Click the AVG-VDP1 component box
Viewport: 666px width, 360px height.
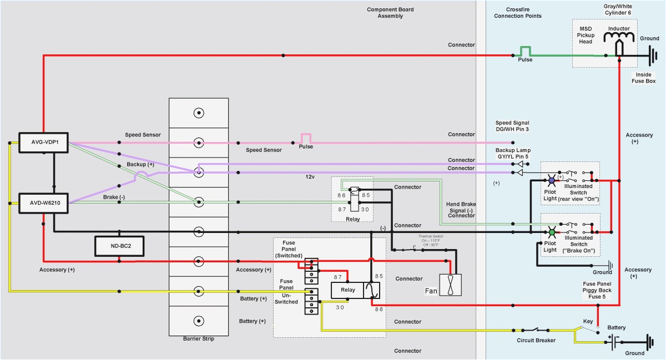pos(43,141)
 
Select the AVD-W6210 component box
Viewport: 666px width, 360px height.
pos(43,203)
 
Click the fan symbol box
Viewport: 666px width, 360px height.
pos(450,285)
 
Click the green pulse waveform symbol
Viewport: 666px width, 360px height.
pos(525,51)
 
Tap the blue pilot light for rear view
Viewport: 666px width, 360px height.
pos(551,180)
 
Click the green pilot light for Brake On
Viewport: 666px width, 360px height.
pos(551,232)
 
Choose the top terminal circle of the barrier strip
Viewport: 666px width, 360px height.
pos(198,113)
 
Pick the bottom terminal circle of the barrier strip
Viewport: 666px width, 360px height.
pos(198,321)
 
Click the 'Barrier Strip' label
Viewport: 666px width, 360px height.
pos(198,339)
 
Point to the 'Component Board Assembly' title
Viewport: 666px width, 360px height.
pos(390,13)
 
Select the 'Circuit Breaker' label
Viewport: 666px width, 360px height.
pos(536,341)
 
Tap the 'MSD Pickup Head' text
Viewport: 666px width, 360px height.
pos(586,34)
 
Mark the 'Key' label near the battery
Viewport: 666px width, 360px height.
pos(588,321)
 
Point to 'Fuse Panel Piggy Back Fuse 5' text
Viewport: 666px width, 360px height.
pos(597,290)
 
